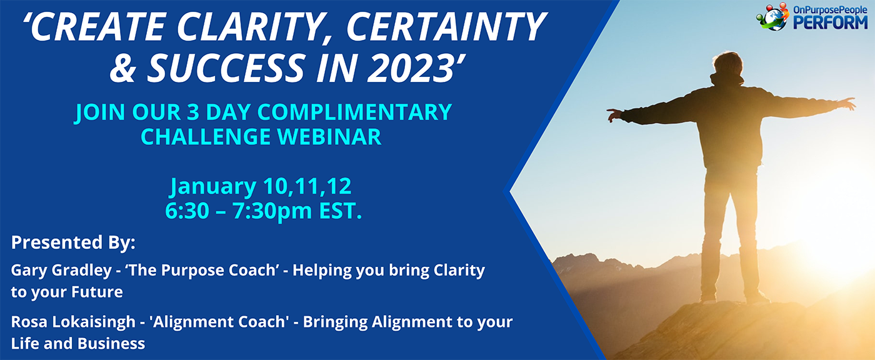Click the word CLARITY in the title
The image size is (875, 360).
point(256,27)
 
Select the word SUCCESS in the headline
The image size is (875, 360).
point(226,67)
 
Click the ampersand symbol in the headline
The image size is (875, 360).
point(123,67)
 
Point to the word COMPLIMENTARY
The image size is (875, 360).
point(354,112)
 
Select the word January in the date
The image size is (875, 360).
point(213,187)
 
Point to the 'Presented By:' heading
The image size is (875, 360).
point(73,243)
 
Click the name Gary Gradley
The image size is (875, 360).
point(61,271)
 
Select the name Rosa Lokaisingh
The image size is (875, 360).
point(73,322)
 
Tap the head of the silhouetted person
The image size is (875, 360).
point(727,64)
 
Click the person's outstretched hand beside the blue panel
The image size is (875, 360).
point(614,115)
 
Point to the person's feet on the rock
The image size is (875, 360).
point(734,299)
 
